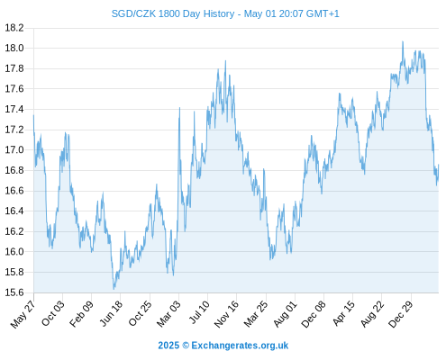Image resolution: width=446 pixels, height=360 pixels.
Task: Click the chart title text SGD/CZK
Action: pos(133,13)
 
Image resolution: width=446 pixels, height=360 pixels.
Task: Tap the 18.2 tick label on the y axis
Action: pos(14,28)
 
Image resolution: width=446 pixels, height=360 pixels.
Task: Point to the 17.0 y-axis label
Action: pos(14,149)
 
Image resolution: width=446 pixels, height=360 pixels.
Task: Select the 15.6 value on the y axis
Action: pos(14,292)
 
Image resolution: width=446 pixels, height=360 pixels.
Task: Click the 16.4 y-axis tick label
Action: pos(14,211)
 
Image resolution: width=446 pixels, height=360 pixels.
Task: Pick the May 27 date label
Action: pos(23,314)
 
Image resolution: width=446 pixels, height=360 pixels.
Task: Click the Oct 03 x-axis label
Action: pos(53,313)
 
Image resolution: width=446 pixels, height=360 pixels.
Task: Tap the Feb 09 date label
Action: pos(81,313)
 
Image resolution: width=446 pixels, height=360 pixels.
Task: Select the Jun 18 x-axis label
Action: pos(111,313)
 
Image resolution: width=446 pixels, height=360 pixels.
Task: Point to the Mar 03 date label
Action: pos(168,313)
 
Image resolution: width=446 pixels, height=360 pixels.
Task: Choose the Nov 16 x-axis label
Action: pos(226,314)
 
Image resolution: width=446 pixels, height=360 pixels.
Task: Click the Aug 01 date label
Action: pos(285,313)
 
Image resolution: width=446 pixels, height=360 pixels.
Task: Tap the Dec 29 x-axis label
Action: pos(401,314)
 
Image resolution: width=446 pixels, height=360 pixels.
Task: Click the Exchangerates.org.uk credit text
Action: pos(240,346)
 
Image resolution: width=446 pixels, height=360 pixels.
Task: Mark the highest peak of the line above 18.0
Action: pos(403,41)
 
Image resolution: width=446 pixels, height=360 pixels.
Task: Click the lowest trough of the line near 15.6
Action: pos(114,289)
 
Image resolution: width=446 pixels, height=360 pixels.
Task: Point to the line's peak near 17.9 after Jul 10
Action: pos(225,61)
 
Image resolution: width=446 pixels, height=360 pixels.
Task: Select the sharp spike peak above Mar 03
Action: pos(179,108)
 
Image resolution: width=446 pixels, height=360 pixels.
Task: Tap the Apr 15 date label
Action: pos(344,313)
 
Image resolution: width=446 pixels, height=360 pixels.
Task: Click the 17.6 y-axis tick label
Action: pos(14,89)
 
